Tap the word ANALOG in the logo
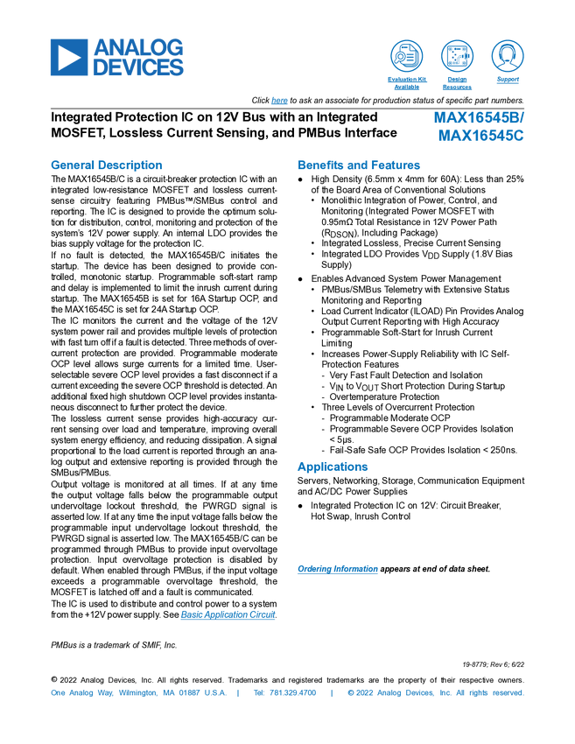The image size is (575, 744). coord(139,46)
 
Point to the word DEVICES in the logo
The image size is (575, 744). coord(139,67)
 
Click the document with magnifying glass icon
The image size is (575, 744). coord(406,55)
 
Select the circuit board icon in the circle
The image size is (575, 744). coord(456,55)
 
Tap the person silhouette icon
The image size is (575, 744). coord(507,55)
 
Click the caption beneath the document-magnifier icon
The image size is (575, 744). coord(406,83)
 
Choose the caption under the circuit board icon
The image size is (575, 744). coord(456,83)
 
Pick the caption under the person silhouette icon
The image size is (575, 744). coord(507,80)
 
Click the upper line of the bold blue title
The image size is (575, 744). coord(480,118)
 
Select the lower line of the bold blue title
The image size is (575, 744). coord(481,137)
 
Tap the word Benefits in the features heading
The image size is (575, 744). coord(319,165)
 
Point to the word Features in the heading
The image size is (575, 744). coord(396,165)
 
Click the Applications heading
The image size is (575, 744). coord(333,467)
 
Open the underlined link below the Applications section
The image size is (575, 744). coord(337,569)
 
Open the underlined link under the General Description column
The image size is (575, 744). coord(228,614)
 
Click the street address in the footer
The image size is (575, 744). coord(137,692)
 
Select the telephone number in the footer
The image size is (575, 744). coord(284,692)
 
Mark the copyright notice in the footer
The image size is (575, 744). coord(435,692)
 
